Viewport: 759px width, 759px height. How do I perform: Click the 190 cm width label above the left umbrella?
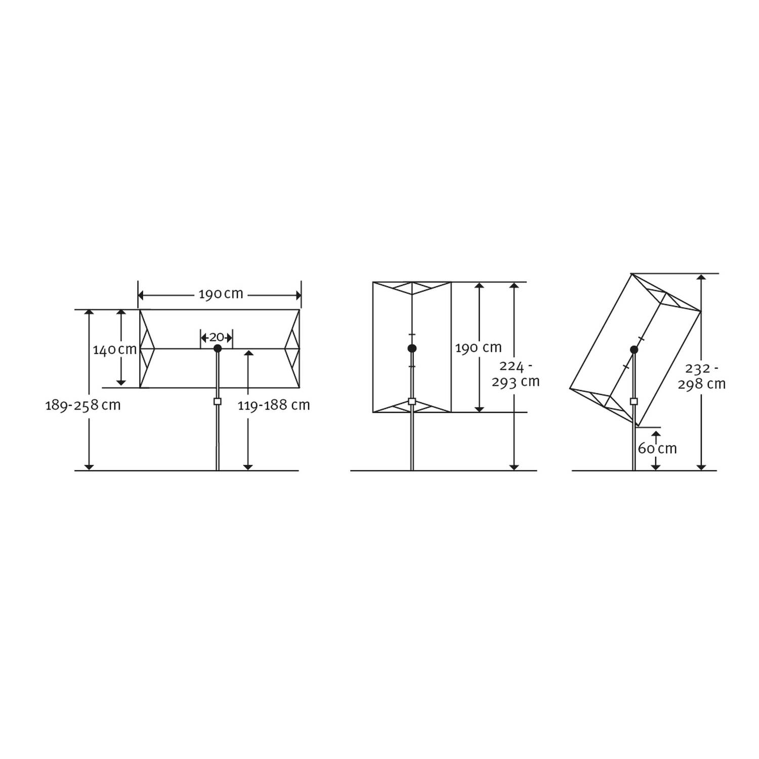[221, 294]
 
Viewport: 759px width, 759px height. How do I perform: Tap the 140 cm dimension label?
[115, 349]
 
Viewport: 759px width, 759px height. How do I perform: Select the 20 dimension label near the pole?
[217, 337]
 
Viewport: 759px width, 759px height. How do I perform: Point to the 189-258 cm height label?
[83, 405]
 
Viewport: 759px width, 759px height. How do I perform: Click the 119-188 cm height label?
[274, 405]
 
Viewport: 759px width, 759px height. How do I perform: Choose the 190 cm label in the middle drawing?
[479, 348]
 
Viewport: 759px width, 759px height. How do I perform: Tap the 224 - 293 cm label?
[516, 373]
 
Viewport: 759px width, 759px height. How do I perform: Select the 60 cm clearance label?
[657, 448]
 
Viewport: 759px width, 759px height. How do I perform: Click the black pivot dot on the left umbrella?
[218, 349]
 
